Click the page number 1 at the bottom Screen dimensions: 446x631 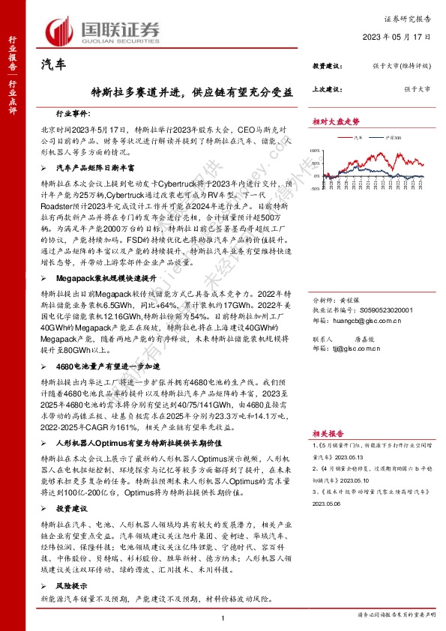[223, 617]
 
